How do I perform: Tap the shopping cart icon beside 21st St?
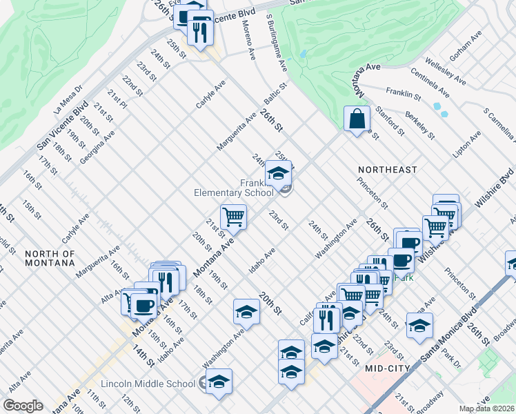234,217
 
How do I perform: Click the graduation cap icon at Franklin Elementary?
278,172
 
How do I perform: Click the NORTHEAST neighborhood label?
387,169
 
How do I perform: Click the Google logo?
23,406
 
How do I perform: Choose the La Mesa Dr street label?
68,99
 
